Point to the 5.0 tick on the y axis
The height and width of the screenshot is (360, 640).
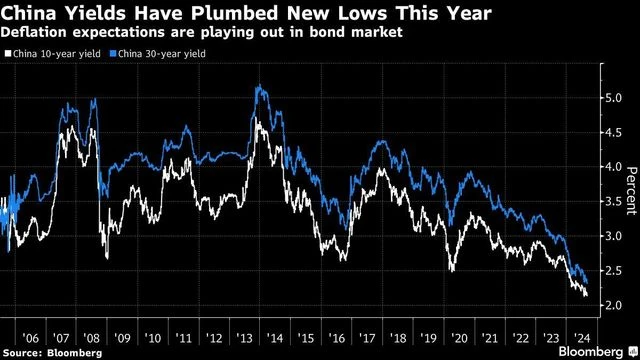[x=611, y=98]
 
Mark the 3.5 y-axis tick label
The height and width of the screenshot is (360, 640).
[x=611, y=202]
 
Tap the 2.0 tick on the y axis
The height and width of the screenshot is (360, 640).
[x=611, y=305]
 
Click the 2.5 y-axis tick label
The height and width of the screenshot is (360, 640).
[x=611, y=271]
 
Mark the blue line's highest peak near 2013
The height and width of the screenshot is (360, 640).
[x=259, y=88]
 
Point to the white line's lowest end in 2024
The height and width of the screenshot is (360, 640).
[x=586, y=294]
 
